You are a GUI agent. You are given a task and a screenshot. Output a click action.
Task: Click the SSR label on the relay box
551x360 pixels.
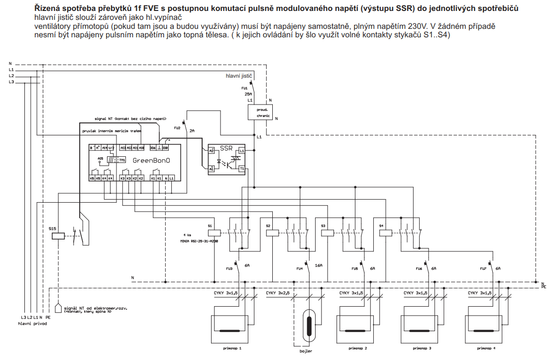coord(226,148)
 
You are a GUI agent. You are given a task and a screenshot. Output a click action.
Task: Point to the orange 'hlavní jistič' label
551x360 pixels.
coord(239,76)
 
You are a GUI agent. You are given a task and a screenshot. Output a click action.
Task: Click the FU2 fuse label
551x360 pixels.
coord(177,128)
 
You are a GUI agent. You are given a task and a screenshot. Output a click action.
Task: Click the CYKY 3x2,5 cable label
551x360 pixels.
coord(277,293)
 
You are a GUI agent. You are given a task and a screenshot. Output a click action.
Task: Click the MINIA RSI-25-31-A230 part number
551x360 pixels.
coord(199,240)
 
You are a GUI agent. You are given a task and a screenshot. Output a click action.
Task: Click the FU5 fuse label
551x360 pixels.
coord(354,269)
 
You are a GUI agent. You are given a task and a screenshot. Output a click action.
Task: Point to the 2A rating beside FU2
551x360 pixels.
coord(192,130)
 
